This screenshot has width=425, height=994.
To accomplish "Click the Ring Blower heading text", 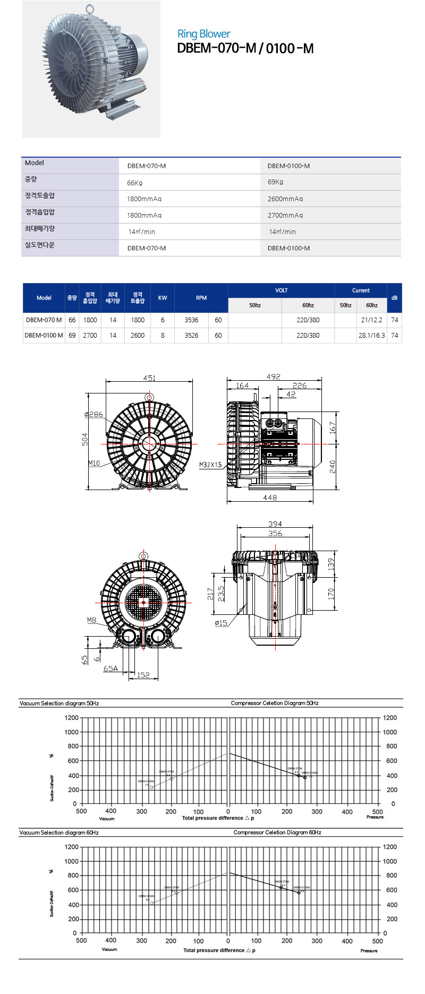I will click(203, 34).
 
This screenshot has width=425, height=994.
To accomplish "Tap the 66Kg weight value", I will click(135, 183).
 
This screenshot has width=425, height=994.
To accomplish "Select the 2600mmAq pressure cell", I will click(285, 199).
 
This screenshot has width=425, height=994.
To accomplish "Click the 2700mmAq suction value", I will click(285, 215).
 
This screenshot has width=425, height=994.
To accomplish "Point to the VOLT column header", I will click(281, 290).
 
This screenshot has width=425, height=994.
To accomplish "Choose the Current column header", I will click(361, 290).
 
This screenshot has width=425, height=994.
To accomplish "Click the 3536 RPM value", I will click(191, 320).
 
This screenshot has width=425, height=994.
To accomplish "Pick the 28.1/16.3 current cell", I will click(371, 336).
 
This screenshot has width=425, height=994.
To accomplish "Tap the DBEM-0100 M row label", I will click(44, 336).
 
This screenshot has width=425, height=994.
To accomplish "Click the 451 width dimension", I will click(149, 378).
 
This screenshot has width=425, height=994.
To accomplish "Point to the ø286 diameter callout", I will click(94, 414).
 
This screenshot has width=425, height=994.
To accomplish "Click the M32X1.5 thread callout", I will click(210, 465).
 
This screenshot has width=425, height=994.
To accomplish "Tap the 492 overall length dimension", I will click(273, 376).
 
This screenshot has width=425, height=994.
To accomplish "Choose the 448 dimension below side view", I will click(270, 498).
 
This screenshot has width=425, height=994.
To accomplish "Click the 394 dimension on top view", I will click(275, 524).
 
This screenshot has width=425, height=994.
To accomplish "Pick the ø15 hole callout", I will click(221, 623).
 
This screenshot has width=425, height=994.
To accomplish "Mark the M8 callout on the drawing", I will click(92, 620).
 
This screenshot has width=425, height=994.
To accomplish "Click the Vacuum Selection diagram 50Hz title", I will click(59, 703).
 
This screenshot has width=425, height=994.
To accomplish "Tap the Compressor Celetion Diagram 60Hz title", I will click(277, 833).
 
